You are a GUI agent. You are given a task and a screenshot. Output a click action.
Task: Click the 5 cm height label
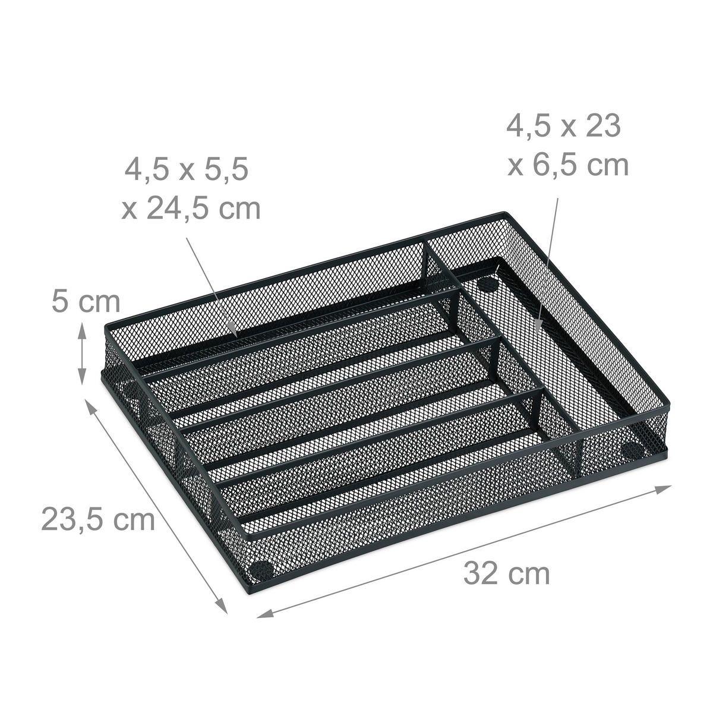pos(85,302)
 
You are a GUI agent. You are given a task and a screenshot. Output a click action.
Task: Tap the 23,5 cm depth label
pos(98,519)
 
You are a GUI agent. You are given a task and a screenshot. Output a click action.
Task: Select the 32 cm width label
pos(506,574)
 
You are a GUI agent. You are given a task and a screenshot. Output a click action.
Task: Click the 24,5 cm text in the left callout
pos(191,209)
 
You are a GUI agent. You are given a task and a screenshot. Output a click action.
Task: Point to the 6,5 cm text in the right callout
pos(568,165)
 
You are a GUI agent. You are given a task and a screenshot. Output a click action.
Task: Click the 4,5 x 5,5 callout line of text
pos(186,169)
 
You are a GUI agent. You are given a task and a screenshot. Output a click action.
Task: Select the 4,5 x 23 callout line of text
pos(563,126)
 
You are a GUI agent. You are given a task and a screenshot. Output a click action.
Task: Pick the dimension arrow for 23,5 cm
pos(157,506)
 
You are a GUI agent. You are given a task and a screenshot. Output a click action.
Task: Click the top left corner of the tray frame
pos(106,326)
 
